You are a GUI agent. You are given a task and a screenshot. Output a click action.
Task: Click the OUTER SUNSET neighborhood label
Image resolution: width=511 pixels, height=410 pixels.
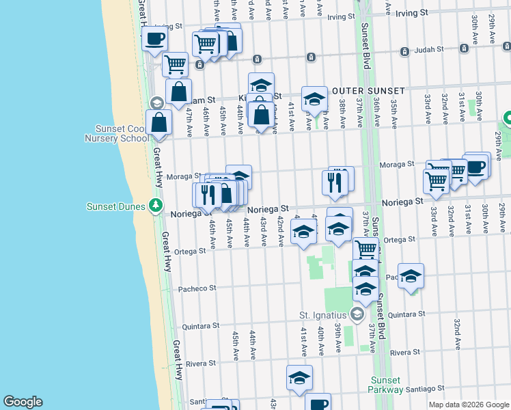[x=368, y=91]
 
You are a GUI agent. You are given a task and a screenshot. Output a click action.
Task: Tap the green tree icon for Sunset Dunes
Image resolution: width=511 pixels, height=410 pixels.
[x=156, y=206]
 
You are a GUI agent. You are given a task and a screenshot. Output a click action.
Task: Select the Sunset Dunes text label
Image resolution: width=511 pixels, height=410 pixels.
[x=118, y=206]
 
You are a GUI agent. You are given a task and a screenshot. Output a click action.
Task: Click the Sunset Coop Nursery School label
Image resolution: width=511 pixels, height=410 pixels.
[x=118, y=133]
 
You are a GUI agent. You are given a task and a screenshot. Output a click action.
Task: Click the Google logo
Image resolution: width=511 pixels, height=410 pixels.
[x=23, y=402]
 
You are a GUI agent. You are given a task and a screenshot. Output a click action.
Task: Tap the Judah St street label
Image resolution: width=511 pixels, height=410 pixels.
[x=430, y=49]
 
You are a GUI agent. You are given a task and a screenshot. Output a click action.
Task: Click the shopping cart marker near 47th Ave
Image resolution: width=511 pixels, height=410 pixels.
[x=175, y=64]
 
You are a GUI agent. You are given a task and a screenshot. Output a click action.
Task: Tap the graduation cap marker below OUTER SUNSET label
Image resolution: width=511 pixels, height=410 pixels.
[x=314, y=100]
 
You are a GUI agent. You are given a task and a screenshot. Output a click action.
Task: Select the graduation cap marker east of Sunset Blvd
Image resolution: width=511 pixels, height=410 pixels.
[x=411, y=276]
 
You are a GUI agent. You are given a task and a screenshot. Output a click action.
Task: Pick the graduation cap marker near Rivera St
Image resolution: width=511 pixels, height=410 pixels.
[x=299, y=377]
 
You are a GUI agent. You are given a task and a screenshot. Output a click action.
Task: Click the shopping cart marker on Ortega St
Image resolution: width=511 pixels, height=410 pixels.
[x=365, y=249]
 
